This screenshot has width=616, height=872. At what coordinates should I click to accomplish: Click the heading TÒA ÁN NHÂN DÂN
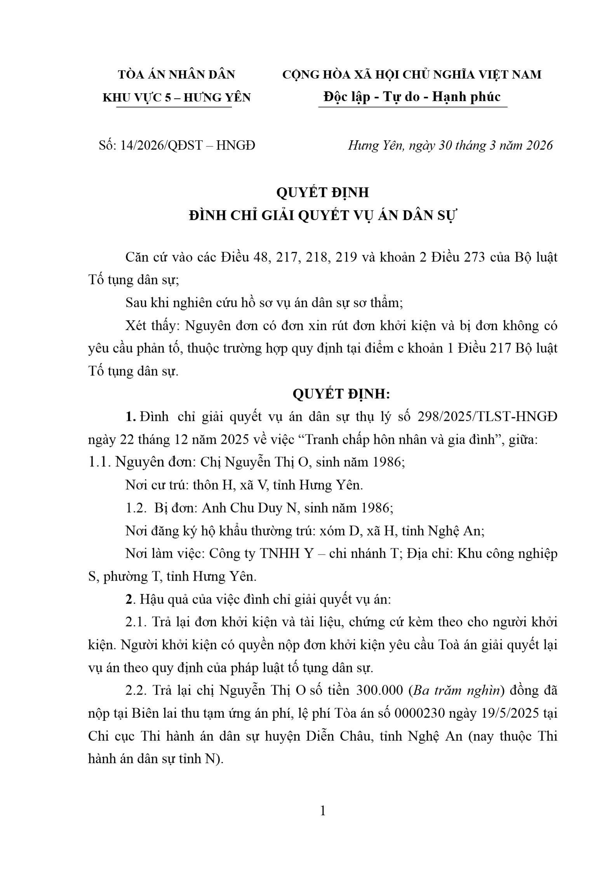[x=176, y=74]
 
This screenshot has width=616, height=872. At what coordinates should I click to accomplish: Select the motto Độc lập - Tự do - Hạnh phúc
[x=412, y=96]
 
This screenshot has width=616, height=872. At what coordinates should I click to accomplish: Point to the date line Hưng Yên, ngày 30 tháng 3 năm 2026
[x=450, y=145]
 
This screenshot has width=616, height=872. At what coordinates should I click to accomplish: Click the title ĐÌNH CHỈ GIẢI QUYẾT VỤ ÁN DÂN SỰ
[x=323, y=215]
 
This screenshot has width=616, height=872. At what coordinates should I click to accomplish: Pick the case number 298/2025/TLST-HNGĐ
[x=487, y=417]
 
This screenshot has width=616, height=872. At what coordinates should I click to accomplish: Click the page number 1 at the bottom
[x=323, y=811]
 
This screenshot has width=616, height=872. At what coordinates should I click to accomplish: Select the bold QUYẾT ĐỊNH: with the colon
[x=341, y=394]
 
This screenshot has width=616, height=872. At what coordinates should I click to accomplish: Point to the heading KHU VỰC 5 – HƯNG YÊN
[x=176, y=97]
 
